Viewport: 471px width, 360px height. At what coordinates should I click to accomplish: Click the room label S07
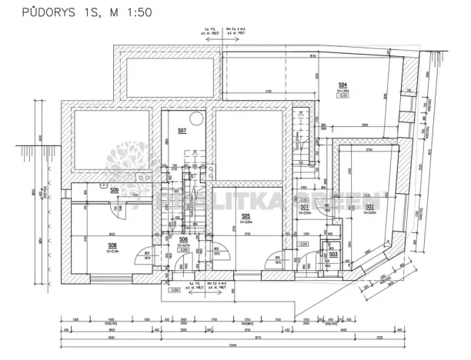pos(182,132)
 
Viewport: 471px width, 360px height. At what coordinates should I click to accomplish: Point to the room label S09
pos(114,189)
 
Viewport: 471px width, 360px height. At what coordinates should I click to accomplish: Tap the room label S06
pos(183,239)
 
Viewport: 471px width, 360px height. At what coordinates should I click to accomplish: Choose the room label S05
pos(246,216)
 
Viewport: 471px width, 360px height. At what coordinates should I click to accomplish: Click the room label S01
pos(305,207)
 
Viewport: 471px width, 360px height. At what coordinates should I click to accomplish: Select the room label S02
pos(369,207)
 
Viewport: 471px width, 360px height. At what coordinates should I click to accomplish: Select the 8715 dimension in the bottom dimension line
pos(243,336)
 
